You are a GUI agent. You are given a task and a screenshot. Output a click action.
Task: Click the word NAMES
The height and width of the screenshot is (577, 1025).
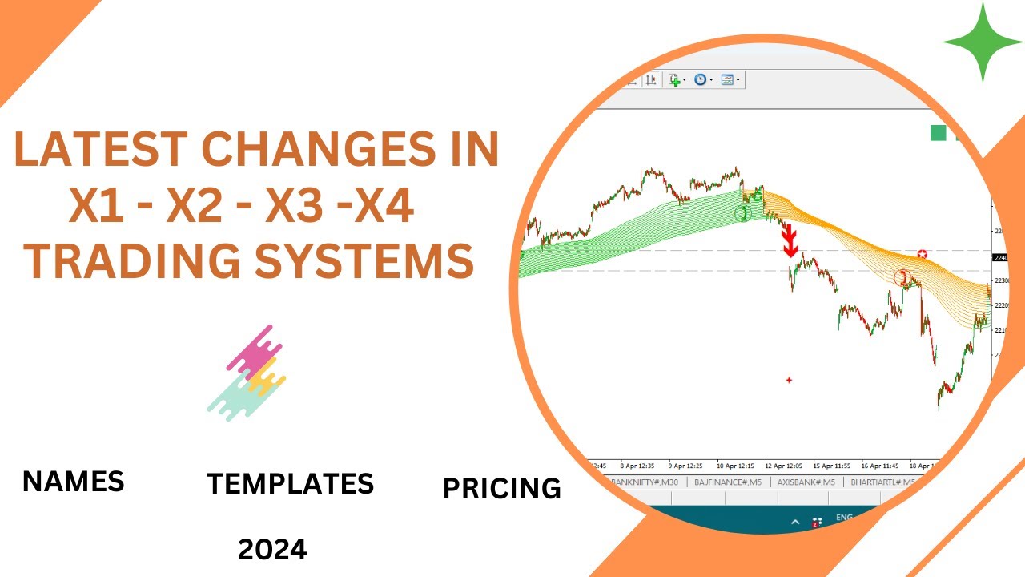(74, 482)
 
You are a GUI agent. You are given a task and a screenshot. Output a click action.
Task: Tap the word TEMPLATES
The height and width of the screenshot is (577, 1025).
(290, 484)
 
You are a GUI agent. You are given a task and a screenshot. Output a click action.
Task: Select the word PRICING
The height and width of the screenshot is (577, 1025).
(502, 488)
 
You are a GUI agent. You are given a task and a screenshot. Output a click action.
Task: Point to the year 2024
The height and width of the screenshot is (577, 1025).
(272, 550)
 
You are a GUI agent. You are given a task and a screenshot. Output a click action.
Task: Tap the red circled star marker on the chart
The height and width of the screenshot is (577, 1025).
(922, 254)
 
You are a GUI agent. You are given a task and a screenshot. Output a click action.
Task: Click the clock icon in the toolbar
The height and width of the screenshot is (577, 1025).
(701, 79)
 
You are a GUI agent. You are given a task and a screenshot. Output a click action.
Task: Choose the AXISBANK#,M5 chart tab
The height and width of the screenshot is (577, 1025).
(806, 482)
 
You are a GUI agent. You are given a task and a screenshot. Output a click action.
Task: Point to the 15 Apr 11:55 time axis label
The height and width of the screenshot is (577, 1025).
(833, 465)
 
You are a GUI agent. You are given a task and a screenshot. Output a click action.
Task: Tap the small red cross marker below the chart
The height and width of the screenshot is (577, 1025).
(789, 380)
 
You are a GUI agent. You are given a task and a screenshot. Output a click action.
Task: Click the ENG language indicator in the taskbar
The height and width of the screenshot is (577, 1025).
(844, 518)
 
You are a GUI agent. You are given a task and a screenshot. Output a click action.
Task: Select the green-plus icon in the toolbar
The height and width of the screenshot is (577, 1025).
(675, 79)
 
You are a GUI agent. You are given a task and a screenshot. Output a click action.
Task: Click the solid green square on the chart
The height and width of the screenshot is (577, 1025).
(938, 133)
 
